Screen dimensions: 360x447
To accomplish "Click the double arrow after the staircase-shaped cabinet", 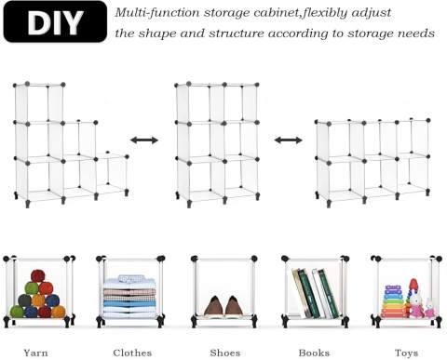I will click(143, 140).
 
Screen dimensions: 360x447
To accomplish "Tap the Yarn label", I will click(37, 353).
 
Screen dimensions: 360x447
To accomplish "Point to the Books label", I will click(314, 353).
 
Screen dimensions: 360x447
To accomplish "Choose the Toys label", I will click(404, 353).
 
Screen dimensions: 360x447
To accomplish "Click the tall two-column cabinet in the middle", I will click(216, 140).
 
